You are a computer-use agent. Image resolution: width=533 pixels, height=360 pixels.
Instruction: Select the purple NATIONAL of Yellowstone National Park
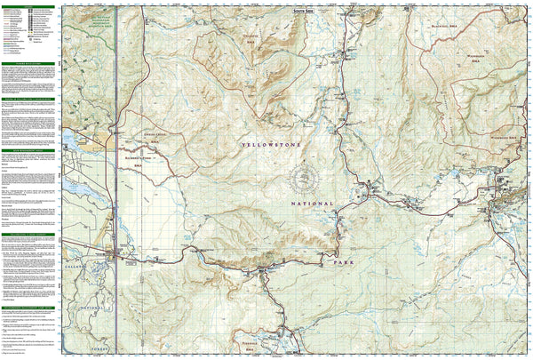click(311, 204)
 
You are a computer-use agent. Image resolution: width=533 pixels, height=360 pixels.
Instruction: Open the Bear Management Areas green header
click(28, 100)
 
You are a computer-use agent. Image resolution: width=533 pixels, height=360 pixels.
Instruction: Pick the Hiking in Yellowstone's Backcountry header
click(28, 64)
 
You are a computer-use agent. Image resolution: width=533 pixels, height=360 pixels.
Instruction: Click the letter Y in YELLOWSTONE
click(243, 143)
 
